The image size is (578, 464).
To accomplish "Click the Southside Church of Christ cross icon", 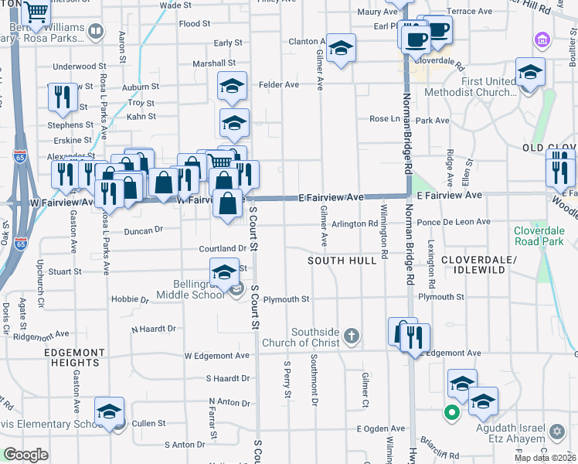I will [x=352, y=335].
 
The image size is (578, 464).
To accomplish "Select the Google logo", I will [x=25, y=455].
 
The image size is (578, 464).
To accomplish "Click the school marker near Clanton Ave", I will [x=341, y=48].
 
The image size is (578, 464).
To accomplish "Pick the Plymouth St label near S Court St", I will [x=286, y=299].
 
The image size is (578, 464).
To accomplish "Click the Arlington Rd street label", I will [x=355, y=223].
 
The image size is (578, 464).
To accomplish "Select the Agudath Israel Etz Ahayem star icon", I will [x=556, y=430].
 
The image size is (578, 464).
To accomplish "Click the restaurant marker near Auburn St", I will [x=60, y=96].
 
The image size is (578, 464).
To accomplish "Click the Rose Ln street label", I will [x=384, y=118].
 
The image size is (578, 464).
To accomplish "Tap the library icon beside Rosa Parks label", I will [x=96, y=32].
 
